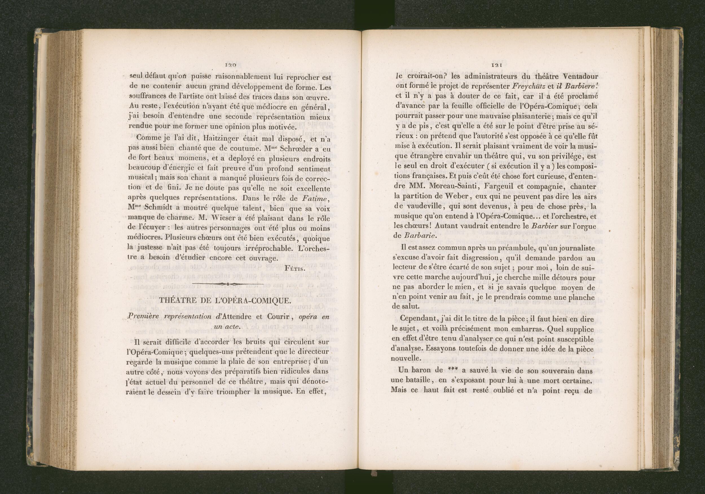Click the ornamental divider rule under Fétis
click(x=229, y=283)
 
